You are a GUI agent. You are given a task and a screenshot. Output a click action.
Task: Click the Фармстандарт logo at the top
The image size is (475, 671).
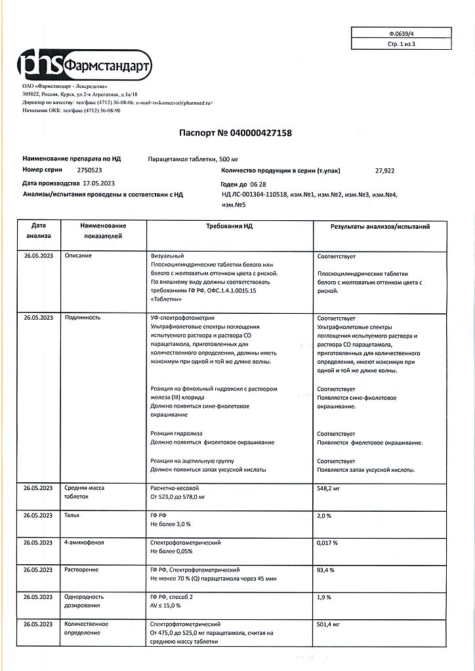coord(86,65)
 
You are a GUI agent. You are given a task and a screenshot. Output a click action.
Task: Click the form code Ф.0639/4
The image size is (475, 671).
coord(401,32)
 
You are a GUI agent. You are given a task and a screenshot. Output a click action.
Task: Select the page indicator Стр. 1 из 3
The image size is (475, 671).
coord(401,44)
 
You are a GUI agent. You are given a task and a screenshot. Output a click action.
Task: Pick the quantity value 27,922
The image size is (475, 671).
coord(384,170)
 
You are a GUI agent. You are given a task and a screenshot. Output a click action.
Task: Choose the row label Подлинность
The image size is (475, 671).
coord(82,318)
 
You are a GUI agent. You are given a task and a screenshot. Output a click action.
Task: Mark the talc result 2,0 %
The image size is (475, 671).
coord(324,516)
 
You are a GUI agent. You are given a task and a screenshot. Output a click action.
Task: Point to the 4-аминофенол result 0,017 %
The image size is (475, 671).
coord(327,543)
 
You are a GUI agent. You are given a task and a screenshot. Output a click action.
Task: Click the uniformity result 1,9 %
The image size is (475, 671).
coord(324,598)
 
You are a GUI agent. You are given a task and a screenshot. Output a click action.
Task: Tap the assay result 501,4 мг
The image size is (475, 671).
coord(329,625)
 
